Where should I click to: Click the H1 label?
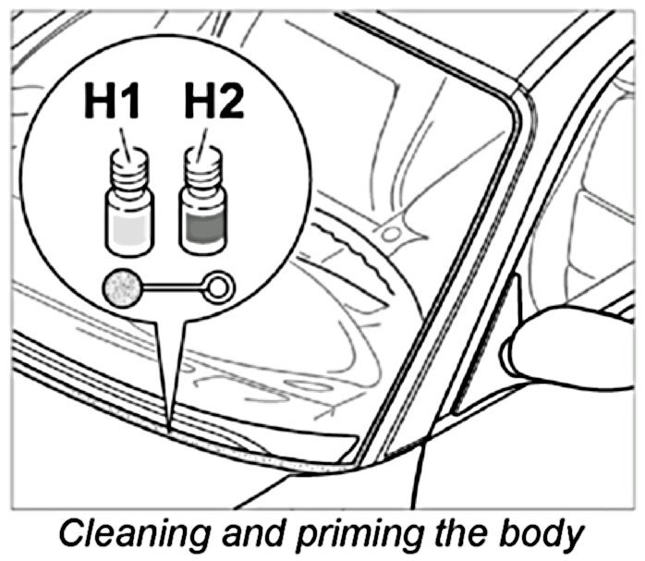(x=112, y=103)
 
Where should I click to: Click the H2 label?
(x=214, y=103)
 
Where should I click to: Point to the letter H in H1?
(x=99, y=103)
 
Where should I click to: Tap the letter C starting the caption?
(x=75, y=534)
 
